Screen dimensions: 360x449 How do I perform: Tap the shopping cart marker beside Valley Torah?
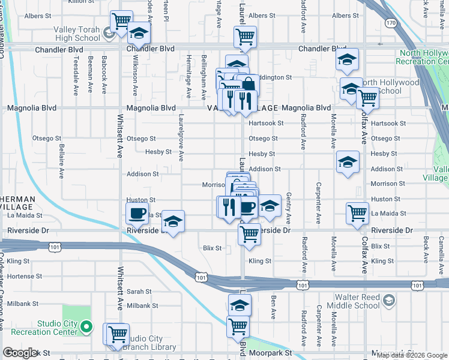(x=121, y=20)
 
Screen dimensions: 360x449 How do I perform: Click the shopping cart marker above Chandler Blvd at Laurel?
(x=245, y=37)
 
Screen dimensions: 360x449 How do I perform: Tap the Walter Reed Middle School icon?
(x=389, y=300)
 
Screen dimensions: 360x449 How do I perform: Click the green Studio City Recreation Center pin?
(x=86, y=327)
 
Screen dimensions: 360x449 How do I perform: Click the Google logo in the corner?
(x=20, y=353)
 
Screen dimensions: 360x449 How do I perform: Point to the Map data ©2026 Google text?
(x=412, y=355)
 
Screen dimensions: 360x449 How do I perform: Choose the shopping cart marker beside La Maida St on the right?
(x=358, y=212)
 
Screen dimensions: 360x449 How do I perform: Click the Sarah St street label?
(x=139, y=292)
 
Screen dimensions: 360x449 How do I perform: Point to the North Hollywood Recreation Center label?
(x=423, y=57)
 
